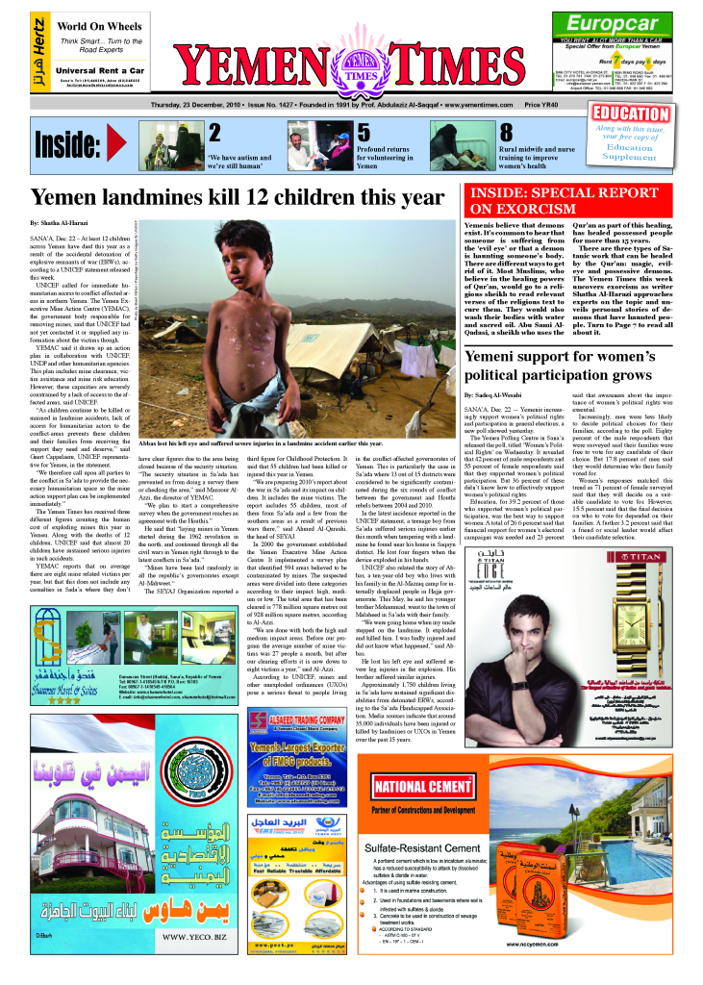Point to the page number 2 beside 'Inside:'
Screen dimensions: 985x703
[214, 133]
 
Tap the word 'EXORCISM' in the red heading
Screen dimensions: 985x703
[540, 208]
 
